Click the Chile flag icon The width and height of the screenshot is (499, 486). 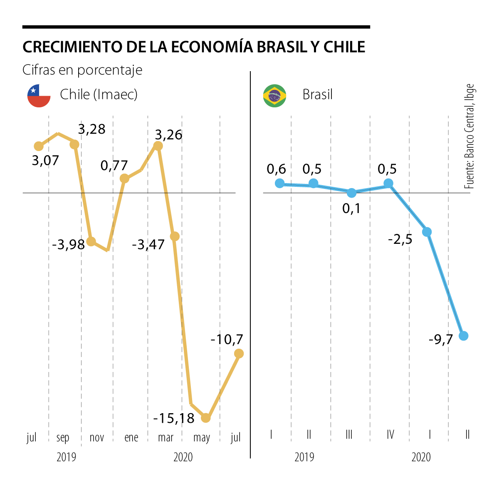pos(39,95)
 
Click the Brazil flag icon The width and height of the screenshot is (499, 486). pos(274,96)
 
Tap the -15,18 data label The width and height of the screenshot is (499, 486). pos(174,418)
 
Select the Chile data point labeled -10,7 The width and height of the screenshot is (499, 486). pos(239,353)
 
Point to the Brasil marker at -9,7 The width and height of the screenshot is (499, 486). pos(464,335)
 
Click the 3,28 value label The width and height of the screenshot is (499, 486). pos(92,129)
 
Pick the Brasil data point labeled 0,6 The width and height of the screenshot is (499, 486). pos(279,183)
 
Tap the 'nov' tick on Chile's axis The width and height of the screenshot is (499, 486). pos(97,437)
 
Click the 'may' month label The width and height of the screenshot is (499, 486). pos(202,438)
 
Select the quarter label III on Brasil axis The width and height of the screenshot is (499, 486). pos(349,435)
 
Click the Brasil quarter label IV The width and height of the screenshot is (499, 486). pos(390,435)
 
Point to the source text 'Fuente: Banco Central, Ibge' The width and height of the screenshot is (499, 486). pos(469,136)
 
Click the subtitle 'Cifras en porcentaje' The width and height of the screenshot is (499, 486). pos(82,70)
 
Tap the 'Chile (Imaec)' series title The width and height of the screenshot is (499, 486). pos(99,94)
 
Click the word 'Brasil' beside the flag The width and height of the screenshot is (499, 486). pos(318,95)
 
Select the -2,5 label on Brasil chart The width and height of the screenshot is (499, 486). pos(400,240)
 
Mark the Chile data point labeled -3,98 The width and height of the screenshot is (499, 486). pos(91,241)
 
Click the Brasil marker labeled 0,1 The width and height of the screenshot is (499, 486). pos(351,193)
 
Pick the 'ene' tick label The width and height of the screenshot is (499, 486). pos(131,437)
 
